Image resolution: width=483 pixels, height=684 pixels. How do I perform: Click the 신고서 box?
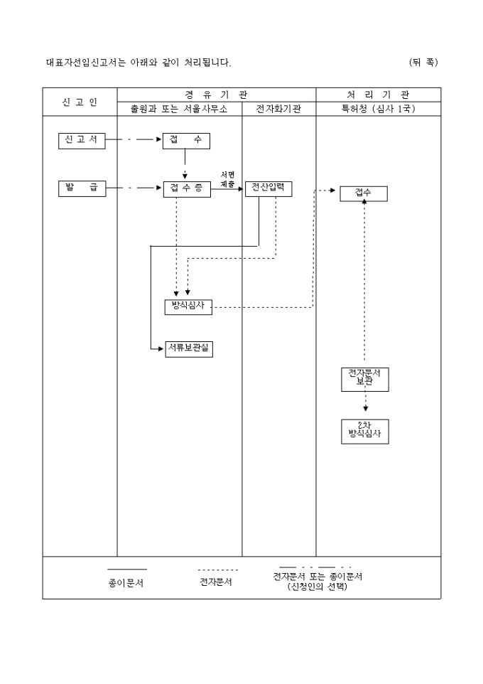coord(82,140)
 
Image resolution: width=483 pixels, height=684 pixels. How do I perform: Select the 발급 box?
coord(82,188)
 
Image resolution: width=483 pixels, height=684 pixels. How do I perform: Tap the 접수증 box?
coord(187,189)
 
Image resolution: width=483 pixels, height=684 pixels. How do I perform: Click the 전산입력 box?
coord(268,188)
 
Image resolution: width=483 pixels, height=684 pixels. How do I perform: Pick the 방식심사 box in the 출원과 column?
coord(188,306)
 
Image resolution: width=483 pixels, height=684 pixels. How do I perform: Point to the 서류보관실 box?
coord(188,348)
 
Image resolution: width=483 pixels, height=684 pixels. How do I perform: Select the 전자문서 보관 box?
coord(365,378)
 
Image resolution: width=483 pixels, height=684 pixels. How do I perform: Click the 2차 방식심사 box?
coord(365,431)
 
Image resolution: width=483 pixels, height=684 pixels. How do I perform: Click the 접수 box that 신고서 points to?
coord(186,140)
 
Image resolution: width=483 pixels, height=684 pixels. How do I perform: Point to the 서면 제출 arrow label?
coord(227,179)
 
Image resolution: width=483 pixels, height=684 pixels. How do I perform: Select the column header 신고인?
coord(80,102)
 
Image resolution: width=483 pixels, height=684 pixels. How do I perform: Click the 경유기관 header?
coord(216,95)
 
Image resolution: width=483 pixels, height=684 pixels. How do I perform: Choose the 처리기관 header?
coord(378,95)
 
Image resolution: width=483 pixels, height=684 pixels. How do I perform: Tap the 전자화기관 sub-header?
coord(278,109)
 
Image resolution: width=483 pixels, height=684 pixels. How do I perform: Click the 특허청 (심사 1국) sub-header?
coord(378,109)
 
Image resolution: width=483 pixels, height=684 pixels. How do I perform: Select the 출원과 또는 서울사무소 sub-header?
coord(179,109)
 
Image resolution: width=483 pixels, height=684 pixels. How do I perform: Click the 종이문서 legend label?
coord(126,582)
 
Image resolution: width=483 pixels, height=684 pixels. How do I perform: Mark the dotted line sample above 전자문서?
coord(217,570)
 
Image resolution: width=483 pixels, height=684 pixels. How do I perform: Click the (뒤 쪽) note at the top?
coord(423,63)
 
